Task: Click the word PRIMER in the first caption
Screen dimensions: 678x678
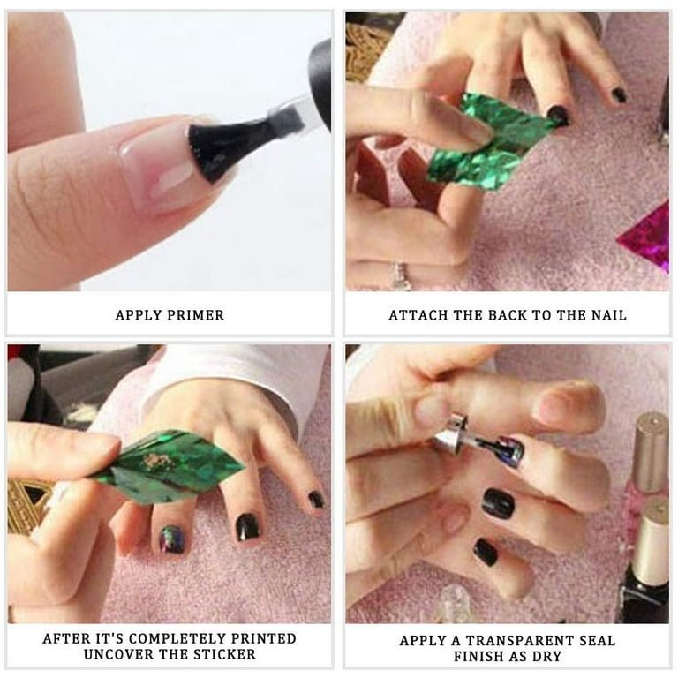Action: point(195,315)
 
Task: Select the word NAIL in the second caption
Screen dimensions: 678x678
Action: point(609,315)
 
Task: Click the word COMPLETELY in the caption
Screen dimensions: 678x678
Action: point(178,638)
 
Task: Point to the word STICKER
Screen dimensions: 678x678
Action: point(224,654)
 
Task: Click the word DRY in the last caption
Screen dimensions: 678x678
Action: point(547,656)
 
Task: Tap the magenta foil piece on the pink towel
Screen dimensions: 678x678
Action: point(645,237)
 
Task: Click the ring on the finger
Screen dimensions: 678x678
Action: point(400,275)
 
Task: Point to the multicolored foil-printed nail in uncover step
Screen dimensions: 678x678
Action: point(171,539)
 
